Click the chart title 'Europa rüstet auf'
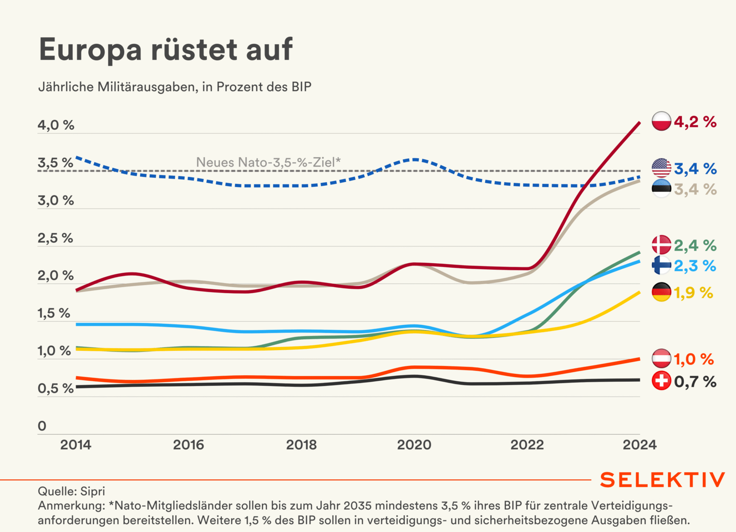(166, 49)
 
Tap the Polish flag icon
(661, 121)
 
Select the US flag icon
(661, 168)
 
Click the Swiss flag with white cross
(661, 381)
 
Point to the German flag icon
(661, 293)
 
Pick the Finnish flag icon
(661, 266)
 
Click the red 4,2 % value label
(695, 122)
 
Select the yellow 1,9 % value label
(693, 293)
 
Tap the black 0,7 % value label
(695, 382)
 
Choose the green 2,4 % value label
(695, 245)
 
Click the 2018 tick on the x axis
(301, 445)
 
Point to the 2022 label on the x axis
(527, 445)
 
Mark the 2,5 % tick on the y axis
(56, 238)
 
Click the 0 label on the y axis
(42, 426)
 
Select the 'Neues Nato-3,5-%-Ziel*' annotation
(268, 162)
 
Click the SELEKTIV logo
(662, 480)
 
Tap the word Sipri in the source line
(92, 491)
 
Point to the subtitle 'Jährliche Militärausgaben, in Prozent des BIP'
(175, 87)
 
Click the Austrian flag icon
(661, 359)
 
